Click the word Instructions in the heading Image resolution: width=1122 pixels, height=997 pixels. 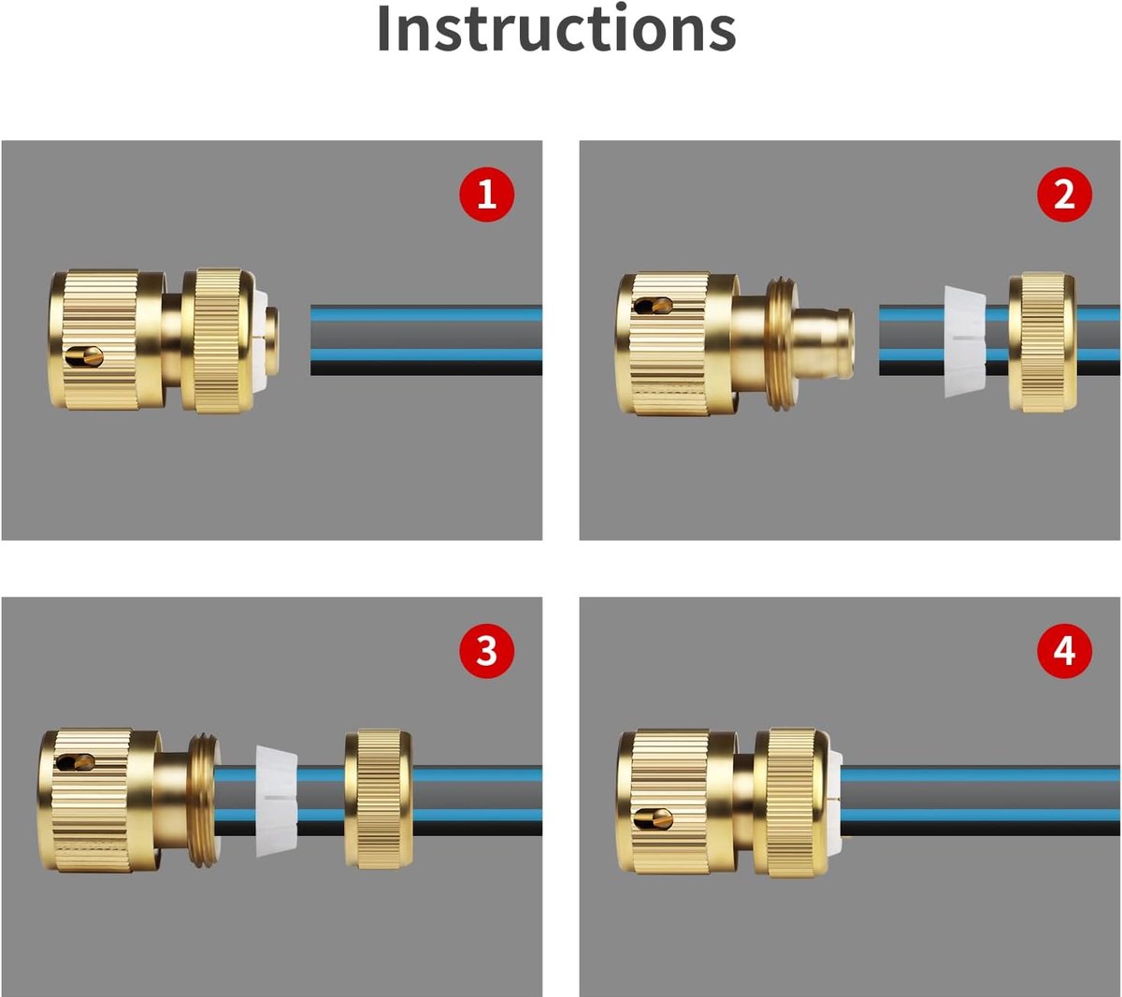point(556,29)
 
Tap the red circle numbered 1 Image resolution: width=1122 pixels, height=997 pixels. point(487,195)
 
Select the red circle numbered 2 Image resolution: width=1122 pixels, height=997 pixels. point(1064,195)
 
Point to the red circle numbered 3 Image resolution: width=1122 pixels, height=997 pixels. point(487,651)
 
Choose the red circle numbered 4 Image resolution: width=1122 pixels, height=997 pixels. point(1064,651)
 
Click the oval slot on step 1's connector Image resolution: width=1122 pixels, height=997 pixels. point(84,356)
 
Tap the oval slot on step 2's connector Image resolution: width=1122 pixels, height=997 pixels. point(653,306)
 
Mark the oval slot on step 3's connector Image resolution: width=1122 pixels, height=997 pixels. point(76,762)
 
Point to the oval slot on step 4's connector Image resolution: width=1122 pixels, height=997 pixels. point(653,818)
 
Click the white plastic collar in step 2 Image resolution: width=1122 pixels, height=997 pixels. point(965,341)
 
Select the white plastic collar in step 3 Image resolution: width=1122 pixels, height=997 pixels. point(277,801)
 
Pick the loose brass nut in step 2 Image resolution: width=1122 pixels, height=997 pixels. point(1043,342)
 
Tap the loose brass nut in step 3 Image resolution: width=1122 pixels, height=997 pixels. point(379,799)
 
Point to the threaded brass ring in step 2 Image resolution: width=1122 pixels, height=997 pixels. point(782,344)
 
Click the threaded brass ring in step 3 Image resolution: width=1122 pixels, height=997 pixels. point(204,800)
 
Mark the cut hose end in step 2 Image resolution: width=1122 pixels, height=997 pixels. point(883,340)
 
